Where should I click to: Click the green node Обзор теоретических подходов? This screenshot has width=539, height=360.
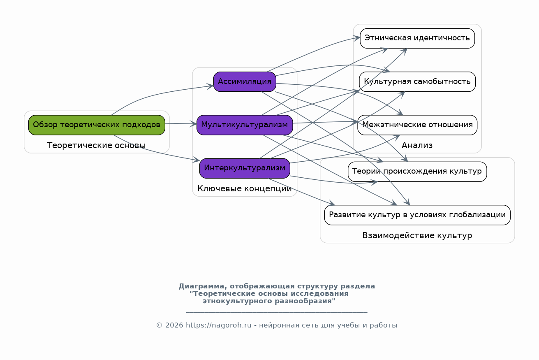pos(97,125)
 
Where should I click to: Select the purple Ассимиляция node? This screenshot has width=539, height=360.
pos(245,81)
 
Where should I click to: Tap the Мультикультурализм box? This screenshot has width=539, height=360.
pos(245,125)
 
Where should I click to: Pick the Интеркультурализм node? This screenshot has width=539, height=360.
pos(245,168)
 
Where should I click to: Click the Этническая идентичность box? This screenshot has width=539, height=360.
pos(417,38)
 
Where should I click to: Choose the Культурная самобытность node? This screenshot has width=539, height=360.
pos(417,81)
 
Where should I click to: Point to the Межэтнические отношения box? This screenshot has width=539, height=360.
pos(417,125)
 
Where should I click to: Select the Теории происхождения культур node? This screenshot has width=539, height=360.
pos(417,172)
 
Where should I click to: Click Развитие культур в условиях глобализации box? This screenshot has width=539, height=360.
pos(417,215)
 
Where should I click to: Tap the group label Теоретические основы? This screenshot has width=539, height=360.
pos(97,145)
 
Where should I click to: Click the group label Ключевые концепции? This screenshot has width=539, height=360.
pos(245,188)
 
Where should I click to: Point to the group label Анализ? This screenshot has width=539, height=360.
pos(417,145)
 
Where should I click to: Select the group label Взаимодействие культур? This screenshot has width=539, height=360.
pos(417,236)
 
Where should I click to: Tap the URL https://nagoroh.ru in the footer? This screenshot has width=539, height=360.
pos(218,325)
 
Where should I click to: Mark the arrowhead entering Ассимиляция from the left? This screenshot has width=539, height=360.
pos(210,86)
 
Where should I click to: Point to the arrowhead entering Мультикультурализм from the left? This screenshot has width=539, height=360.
pos(194,124)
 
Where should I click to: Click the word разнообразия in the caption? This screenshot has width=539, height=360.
pos(304,301)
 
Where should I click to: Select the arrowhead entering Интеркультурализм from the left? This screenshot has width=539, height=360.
pos(197,160)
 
